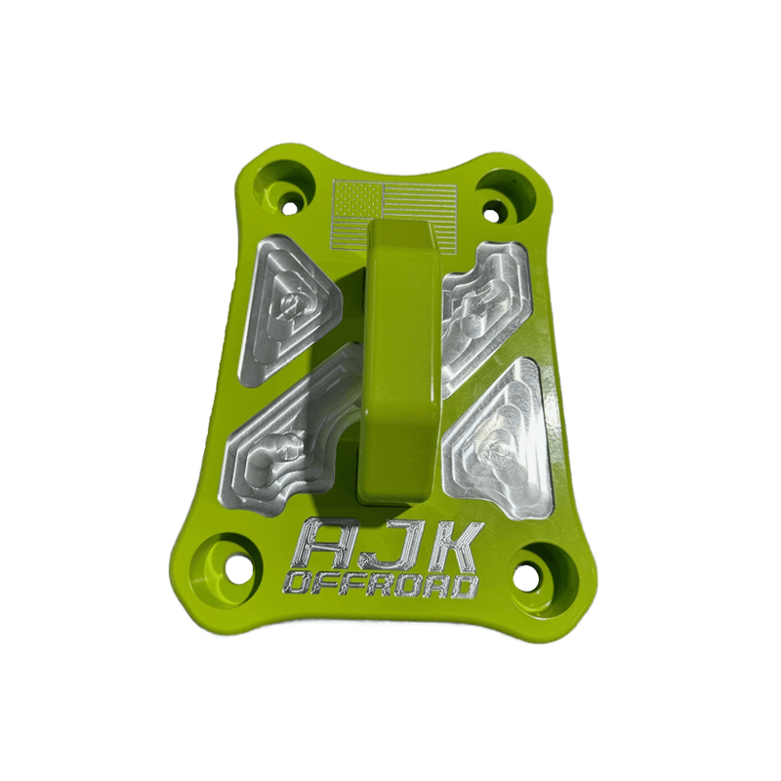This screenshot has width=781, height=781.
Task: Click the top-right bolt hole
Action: pyautogui.click(x=494, y=208)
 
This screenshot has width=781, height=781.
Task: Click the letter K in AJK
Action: pyautogui.click(x=444, y=547)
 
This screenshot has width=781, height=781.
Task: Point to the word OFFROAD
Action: pyautogui.click(x=382, y=586)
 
